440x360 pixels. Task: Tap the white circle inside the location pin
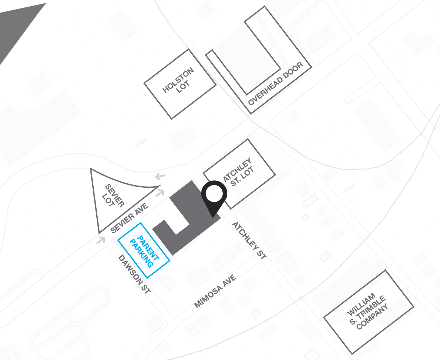(214, 194)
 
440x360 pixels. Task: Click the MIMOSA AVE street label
(215, 291)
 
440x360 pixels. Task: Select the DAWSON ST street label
(135, 274)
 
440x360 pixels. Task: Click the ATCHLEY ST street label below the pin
(249, 241)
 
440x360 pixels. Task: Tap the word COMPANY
(373, 317)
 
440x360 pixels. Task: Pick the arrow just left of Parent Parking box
(100, 241)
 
